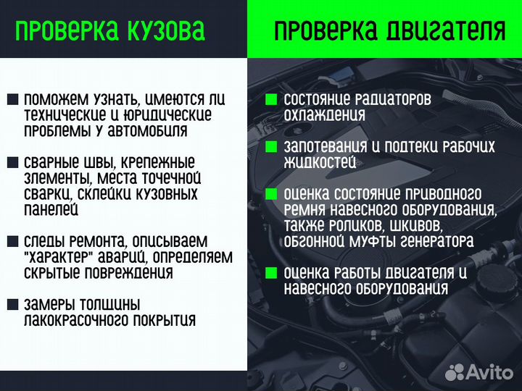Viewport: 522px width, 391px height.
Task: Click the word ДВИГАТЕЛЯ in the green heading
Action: [x=444, y=30]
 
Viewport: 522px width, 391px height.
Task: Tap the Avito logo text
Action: [x=489, y=373]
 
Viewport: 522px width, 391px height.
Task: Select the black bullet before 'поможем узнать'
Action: [x=12, y=99]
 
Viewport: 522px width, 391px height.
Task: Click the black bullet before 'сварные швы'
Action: [x=12, y=162]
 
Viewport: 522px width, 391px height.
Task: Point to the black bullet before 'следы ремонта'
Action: [x=12, y=241]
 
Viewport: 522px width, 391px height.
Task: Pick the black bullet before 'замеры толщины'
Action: [x=12, y=304]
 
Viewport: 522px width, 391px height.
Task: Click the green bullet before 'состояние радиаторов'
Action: [x=271, y=99]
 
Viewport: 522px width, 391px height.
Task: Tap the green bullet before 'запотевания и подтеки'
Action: [x=271, y=147]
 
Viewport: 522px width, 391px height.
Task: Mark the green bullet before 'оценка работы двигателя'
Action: [x=271, y=273]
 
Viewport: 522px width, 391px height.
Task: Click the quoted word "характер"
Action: [x=56, y=257]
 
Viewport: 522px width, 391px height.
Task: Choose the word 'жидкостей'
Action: [x=320, y=162]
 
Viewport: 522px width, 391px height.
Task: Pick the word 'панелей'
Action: [x=51, y=210]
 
